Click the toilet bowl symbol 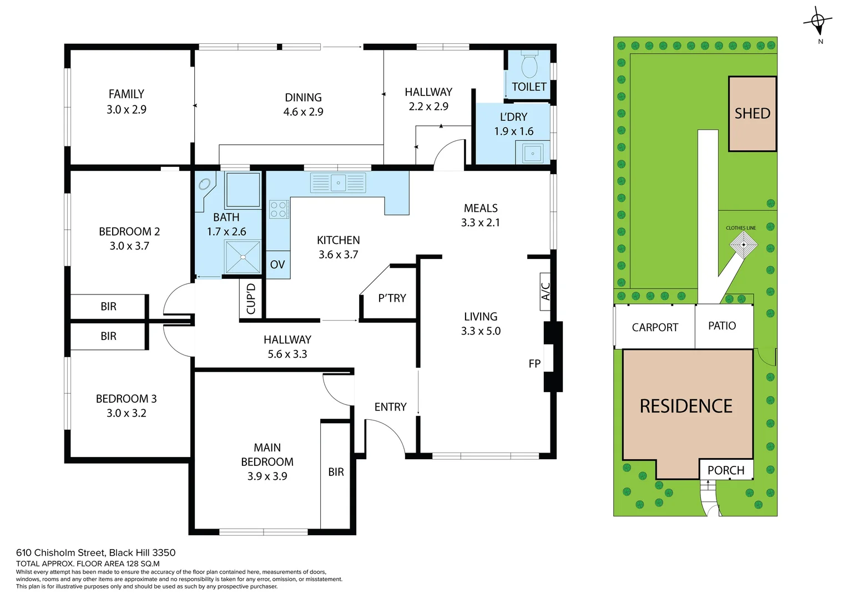(530, 66)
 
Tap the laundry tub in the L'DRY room (533, 153)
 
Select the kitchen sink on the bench (338, 182)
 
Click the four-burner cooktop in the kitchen (279, 209)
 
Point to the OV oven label (277, 265)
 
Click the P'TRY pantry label (392, 298)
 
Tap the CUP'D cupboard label (251, 299)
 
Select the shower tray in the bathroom (243, 257)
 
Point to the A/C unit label (546, 291)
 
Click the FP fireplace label (534, 364)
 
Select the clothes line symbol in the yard (743, 244)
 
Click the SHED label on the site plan (752, 114)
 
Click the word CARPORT (655, 327)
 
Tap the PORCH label (725, 470)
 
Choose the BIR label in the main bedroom (336, 472)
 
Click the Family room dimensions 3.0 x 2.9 (127, 110)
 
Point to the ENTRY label (390, 407)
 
